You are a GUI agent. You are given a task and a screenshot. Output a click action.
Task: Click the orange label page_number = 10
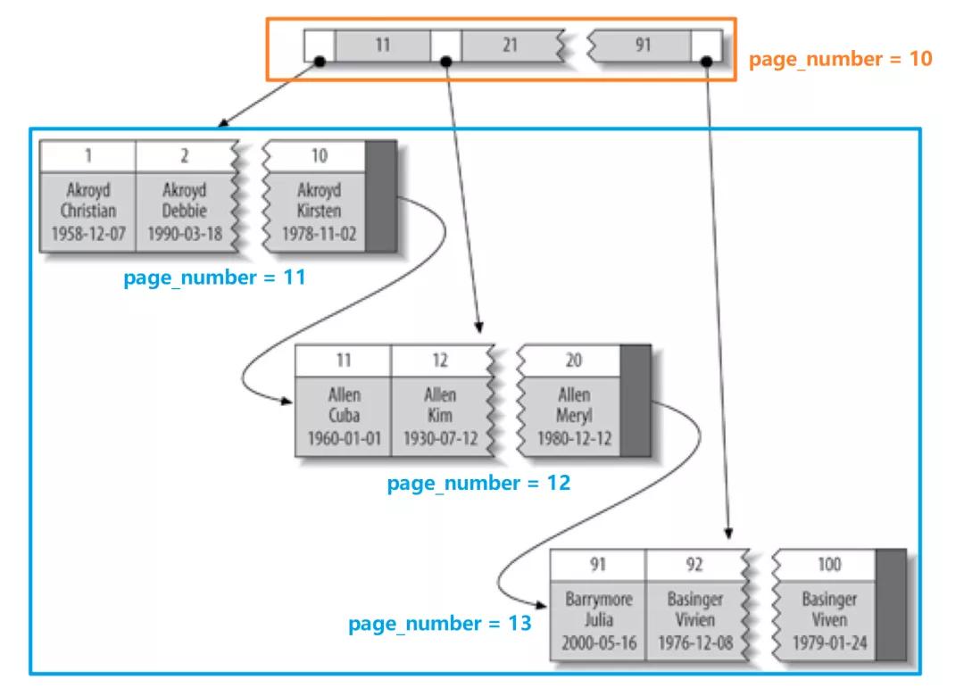click(x=840, y=60)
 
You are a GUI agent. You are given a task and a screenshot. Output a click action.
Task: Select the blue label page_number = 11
click(x=214, y=278)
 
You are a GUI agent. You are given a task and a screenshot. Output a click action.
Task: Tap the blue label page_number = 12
click(x=478, y=484)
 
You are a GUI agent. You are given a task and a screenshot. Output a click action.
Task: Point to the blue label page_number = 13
click(x=439, y=623)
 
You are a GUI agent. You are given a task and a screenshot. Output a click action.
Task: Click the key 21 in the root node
click(x=509, y=45)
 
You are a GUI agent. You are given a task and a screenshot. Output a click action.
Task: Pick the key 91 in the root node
click(x=643, y=45)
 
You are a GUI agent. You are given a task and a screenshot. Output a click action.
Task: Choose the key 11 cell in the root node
click(x=382, y=45)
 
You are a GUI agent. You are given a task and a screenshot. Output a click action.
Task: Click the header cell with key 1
click(x=88, y=156)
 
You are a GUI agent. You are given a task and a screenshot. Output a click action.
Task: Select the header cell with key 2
click(x=184, y=156)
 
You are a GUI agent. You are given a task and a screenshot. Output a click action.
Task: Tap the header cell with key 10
click(x=319, y=156)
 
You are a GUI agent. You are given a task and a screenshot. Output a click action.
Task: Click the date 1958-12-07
click(x=88, y=234)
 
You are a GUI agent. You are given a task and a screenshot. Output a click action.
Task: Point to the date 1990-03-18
click(x=184, y=234)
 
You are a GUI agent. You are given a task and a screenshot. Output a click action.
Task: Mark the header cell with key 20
click(x=574, y=360)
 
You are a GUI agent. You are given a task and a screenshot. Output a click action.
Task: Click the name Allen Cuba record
click(x=343, y=405)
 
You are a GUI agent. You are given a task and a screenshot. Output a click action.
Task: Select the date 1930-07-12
click(x=439, y=438)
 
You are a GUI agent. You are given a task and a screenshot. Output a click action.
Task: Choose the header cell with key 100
click(x=828, y=565)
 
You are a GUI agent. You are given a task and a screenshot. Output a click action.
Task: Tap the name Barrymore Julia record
click(x=598, y=609)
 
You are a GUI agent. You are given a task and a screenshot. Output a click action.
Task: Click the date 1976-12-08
click(x=694, y=642)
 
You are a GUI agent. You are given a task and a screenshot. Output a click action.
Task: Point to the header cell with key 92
click(x=694, y=565)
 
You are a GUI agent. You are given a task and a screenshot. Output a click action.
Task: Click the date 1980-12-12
click(x=574, y=438)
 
